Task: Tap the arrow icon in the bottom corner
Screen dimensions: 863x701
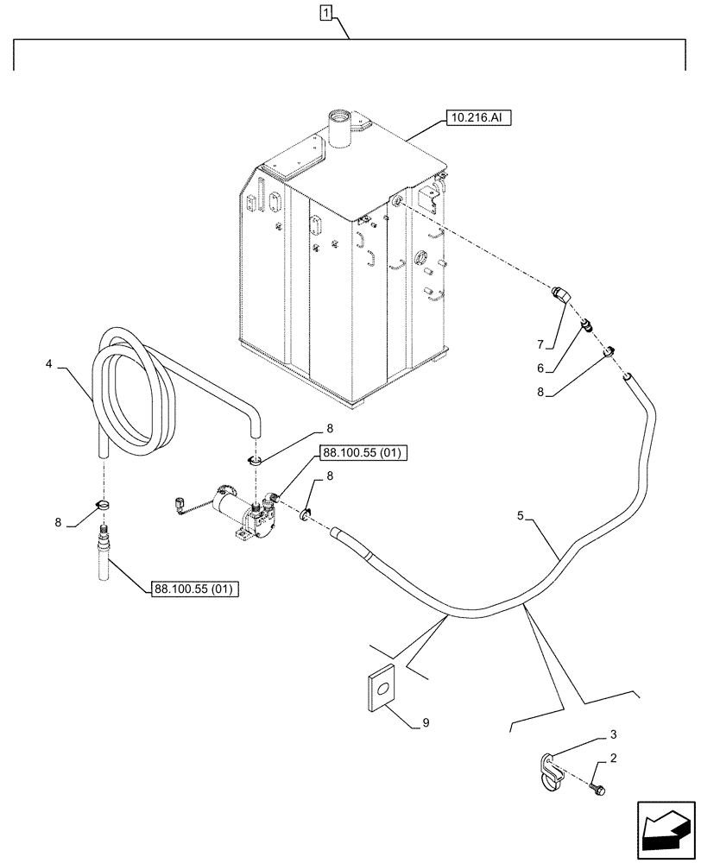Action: pos(665,828)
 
